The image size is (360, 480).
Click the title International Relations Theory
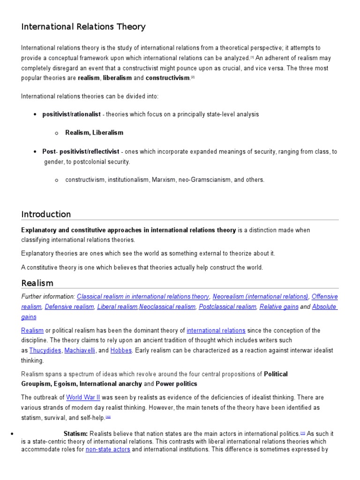click(x=83, y=27)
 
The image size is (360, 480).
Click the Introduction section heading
click(x=46, y=214)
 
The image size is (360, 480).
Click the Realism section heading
click(x=37, y=283)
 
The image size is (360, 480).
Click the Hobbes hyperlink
click(x=121, y=350)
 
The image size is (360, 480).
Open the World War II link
click(x=83, y=397)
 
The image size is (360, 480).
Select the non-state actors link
click(x=108, y=449)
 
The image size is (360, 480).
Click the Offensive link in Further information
click(x=324, y=296)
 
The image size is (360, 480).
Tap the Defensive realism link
click(x=69, y=307)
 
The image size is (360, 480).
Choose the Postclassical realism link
click(x=227, y=307)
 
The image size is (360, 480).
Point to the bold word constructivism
click(x=167, y=78)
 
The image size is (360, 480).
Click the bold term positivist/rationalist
click(x=71, y=114)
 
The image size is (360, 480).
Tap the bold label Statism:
click(x=75, y=434)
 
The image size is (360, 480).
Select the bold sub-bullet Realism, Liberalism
click(x=94, y=133)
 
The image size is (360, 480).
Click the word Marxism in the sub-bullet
click(x=163, y=180)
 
